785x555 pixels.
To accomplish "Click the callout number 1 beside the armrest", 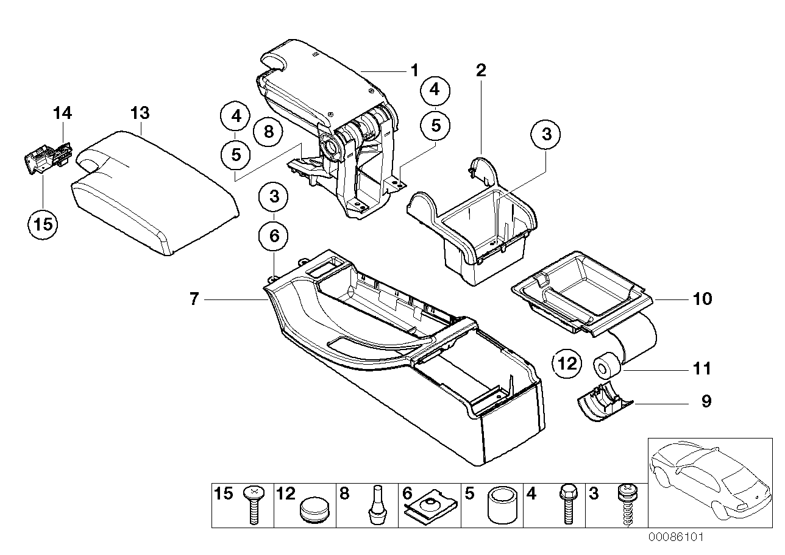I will tap(414, 71).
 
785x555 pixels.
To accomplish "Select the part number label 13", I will tap(140, 113).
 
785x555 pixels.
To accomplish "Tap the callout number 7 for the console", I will tap(194, 299).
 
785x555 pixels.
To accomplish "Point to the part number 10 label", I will tap(702, 299).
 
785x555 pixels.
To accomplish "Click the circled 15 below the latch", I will tap(43, 224).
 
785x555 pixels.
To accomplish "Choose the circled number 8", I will tap(269, 131).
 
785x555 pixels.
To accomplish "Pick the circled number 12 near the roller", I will tap(567, 364).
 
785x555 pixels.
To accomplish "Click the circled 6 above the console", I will tap(274, 235).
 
